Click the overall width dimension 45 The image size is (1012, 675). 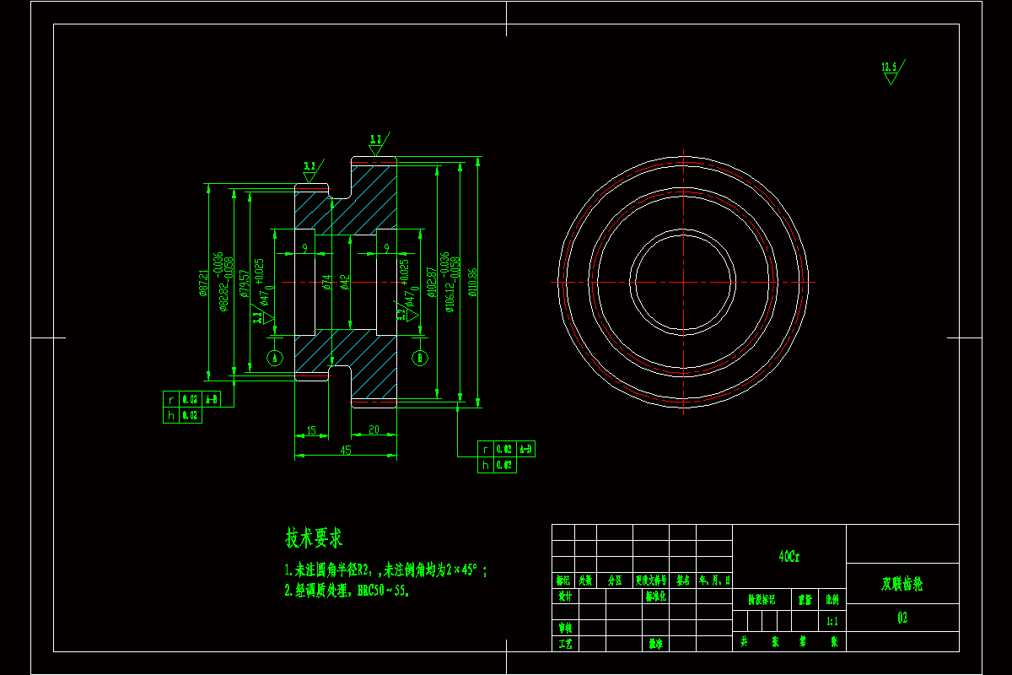click(x=345, y=451)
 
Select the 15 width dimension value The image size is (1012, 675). click(x=311, y=430)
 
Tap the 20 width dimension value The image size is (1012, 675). click(x=373, y=429)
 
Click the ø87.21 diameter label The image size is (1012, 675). click(x=203, y=283)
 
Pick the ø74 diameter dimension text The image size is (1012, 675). click(x=326, y=283)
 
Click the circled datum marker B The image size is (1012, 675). click(x=420, y=357)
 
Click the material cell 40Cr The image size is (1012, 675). click(x=789, y=557)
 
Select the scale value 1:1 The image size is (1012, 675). click(x=832, y=621)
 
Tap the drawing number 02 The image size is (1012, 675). click(x=902, y=618)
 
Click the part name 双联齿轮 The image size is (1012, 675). click(x=902, y=584)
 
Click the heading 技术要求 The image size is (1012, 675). click(x=314, y=537)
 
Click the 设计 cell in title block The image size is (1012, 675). click(x=565, y=596)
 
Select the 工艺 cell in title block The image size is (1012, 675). click(x=565, y=643)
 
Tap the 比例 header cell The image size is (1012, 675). click(x=832, y=600)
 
